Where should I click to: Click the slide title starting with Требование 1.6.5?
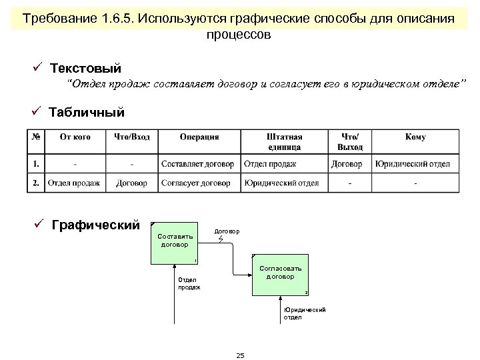click(x=239, y=25)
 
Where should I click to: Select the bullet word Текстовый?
click(x=85, y=69)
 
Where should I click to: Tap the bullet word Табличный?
click(x=87, y=112)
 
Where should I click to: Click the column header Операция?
click(x=199, y=137)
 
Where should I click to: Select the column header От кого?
click(x=75, y=137)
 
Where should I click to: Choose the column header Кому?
click(x=415, y=137)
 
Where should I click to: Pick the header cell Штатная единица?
click(x=283, y=141)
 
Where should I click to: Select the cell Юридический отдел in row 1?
click(x=412, y=163)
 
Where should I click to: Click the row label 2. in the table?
click(x=35, y=183)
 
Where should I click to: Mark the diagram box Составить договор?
click(x=175, y=240)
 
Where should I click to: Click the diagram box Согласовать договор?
click(x=280, y=273)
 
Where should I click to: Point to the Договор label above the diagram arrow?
click(x=227, y=231)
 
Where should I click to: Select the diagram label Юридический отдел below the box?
click(x=304, y=313)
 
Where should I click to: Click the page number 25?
click(x=240, y=355)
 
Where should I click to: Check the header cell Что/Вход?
click(x=132, y=137)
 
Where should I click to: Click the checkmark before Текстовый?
click(x=39, y=68)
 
